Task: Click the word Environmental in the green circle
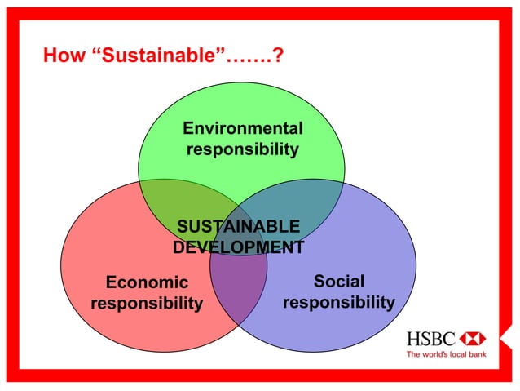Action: pos(242,128)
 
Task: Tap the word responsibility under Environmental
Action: pos(242,150)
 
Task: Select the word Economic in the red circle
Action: pos(147,282)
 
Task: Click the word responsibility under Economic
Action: pos(147,304)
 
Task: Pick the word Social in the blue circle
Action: pos(339,282)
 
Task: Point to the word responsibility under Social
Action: pos(339,303)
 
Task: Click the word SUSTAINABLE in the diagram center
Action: pos(238,226)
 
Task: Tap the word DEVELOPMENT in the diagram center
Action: pos(238,247)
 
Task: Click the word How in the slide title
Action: pos(62,56)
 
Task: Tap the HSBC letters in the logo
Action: pos(431,338)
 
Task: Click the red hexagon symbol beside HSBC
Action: pos(473,338)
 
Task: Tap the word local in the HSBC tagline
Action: pos(454,354)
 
